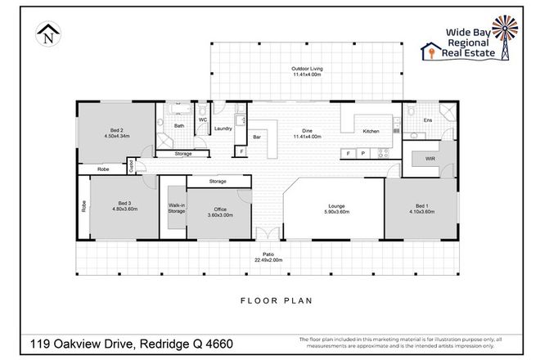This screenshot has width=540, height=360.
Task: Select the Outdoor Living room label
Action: [306, 71]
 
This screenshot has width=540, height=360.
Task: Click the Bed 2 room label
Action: [116, 133]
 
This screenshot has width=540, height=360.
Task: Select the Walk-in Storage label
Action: [176, 208]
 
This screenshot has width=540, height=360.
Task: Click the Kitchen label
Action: [371, 131]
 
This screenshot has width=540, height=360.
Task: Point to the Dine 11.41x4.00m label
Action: [306, 133]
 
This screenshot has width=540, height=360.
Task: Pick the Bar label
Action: [256, 137]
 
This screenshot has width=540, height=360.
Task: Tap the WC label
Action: [202, 119]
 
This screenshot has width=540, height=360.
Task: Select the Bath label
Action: [178, 126]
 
